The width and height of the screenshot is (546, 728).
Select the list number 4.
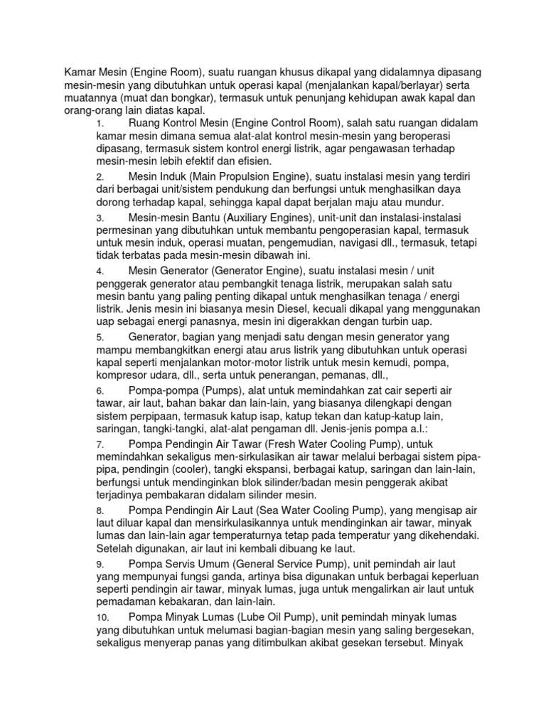(100, 272)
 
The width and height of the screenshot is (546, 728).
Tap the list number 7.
(100, 444)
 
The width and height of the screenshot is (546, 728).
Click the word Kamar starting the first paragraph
(80, 72)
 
